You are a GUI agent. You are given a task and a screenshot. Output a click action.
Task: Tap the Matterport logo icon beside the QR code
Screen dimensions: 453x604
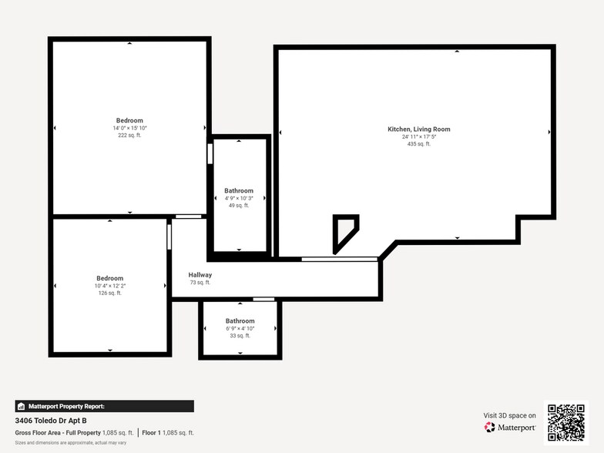pos(490,427)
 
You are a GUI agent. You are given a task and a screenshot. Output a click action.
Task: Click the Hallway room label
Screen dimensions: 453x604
pos(200,275)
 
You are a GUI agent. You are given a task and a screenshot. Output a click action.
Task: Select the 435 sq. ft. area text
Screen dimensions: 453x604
pos(418,144)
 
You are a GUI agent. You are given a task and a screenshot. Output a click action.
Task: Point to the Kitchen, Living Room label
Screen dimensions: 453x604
pos(418,129)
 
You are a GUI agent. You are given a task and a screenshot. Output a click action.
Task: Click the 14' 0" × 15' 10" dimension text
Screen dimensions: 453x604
pos(129,128)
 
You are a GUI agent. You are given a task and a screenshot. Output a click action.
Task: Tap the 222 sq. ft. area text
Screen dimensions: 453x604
pos(129,136)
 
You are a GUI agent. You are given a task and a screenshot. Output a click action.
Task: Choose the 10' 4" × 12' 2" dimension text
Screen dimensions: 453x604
pos(109,286)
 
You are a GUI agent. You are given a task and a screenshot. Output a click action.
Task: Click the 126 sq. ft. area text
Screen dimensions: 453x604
pos(109,294)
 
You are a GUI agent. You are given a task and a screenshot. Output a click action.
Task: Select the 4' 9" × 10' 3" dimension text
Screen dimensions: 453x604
pos(239,198)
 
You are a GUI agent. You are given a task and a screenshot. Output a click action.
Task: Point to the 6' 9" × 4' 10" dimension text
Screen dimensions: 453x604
pos(240,328)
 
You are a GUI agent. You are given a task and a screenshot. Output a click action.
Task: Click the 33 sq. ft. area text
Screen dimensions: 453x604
pos(240,336)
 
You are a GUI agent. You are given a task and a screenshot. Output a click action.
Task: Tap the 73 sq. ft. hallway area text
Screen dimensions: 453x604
pos(200,283)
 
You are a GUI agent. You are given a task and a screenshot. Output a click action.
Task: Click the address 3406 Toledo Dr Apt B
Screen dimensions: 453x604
pos(51,421)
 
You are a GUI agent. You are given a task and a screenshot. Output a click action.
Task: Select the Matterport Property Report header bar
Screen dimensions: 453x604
pos(104,406)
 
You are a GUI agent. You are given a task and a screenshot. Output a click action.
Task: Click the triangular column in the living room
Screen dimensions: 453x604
pos(343,231)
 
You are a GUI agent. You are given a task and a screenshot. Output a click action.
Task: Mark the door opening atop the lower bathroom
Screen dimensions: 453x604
pos(263,299)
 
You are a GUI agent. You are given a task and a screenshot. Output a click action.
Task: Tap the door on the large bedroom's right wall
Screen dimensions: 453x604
pos(210,153)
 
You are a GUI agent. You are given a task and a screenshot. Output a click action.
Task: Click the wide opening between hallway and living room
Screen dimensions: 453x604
pos(339,259)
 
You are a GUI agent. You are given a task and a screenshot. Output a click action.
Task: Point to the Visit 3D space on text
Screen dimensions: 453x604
pos(509,415)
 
